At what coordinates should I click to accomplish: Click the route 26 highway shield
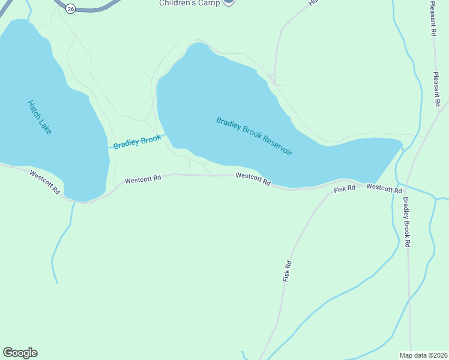(x=71, y=8)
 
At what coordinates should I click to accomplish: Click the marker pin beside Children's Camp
(x=228, y=2)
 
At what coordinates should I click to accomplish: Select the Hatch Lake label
(x=40, y=116)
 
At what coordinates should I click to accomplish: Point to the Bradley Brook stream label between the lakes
(x=137, y=142)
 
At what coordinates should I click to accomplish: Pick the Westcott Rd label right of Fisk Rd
(x=384, y=188)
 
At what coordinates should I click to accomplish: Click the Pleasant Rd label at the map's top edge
(x=433, y=18)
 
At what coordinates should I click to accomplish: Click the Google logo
(x=20, y=353)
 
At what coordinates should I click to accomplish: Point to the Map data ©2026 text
(x=423, y=355)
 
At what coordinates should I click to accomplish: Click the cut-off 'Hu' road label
(x=313, y=2)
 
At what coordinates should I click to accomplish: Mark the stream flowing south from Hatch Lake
(x=62, y=240)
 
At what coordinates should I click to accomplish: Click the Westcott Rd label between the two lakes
(x=143, y=179)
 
